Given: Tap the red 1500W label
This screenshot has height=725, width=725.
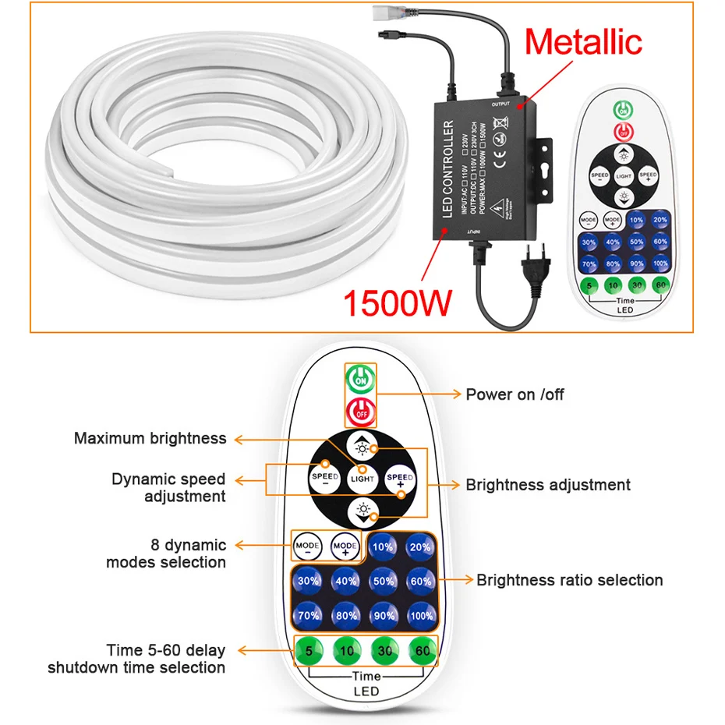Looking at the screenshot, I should pyautogui.click(x=397, y=302).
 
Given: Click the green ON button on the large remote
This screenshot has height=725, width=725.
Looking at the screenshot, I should pyautogui.click(x=360, y=380).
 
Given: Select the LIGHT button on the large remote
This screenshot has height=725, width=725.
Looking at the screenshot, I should pyautogui.click(x=362, y=478).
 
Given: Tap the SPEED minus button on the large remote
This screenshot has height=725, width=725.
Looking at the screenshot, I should pyautogui.click(x=325, y=479).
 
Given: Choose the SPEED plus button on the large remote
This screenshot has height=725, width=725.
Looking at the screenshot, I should pyautogui.click(x=400, y=479).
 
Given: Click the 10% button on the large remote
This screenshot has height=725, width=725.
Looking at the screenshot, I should pyautogui.click(x=383, y=547).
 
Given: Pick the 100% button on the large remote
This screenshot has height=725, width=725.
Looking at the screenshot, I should pyautogui.click(x=420, y=614).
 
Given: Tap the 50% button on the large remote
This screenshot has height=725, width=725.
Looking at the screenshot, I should pyautogui.click(x=383, y=581).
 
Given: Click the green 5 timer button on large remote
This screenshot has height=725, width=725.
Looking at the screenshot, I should pyautogui.click(x=308, y=649).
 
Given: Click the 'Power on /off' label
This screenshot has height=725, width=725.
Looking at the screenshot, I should pyautogui.click(x=515, y=394).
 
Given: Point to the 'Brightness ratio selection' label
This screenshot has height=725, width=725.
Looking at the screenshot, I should pyautogui.click(x=570, y=580).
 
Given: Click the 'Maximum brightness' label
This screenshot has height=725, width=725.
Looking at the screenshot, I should pyautogui.click(x=150, y=438).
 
